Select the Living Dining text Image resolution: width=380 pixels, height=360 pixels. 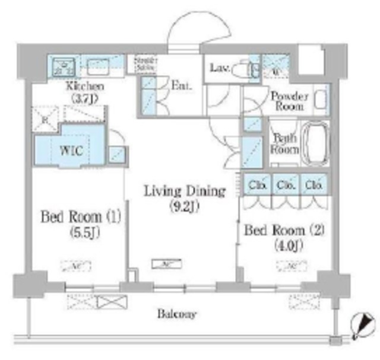pyautogui.click(x=185, y=192)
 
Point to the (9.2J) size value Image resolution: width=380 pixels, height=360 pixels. pyautogui.click(x=185, y=208)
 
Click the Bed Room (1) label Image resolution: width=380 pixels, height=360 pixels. pyautogui.click(x=80, y=216)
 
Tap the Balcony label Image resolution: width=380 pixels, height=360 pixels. pyautogui.click(x=178, y=314)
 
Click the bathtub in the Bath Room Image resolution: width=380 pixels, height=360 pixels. pyautogui.click(x=315, y=145)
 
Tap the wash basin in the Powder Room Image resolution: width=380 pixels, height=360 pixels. pyautogui.click(x=321, y=99)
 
